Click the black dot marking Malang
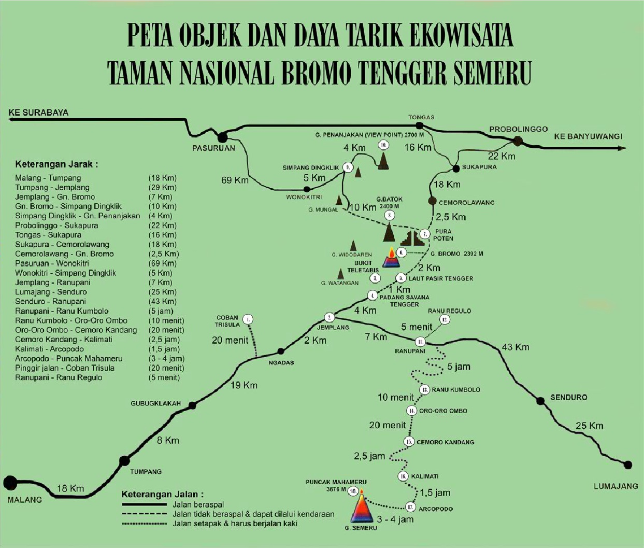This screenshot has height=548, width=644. [10, 483]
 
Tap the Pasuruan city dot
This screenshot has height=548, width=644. [223, 137]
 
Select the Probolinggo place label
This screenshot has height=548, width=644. [518, 129]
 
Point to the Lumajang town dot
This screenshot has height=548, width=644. [628, 465]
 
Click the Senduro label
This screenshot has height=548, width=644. [569, 397]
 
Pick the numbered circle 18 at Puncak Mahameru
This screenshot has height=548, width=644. [353, 491]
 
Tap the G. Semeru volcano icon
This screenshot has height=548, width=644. [362, 508]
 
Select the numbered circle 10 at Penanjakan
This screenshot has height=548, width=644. [383, 145]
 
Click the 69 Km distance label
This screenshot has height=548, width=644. [235, 180]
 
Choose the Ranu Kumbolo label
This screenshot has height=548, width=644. [456, 389]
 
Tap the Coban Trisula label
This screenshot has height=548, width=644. [227, 321]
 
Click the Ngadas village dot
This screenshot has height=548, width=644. [281, 351]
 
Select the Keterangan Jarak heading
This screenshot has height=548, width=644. [56, 165]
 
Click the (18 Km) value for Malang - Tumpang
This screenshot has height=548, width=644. [162, 178]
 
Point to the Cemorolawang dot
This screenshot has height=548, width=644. [432, 201]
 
